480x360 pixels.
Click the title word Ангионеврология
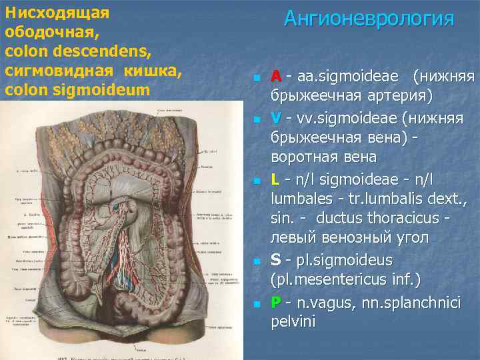point(369,18)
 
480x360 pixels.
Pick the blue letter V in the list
point(276,119)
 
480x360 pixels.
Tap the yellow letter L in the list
point(275,179)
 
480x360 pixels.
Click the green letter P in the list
point(276,302)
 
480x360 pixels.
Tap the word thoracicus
point(393,218)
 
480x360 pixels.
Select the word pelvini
point(294,321)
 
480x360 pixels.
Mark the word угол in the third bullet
point(413,237)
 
